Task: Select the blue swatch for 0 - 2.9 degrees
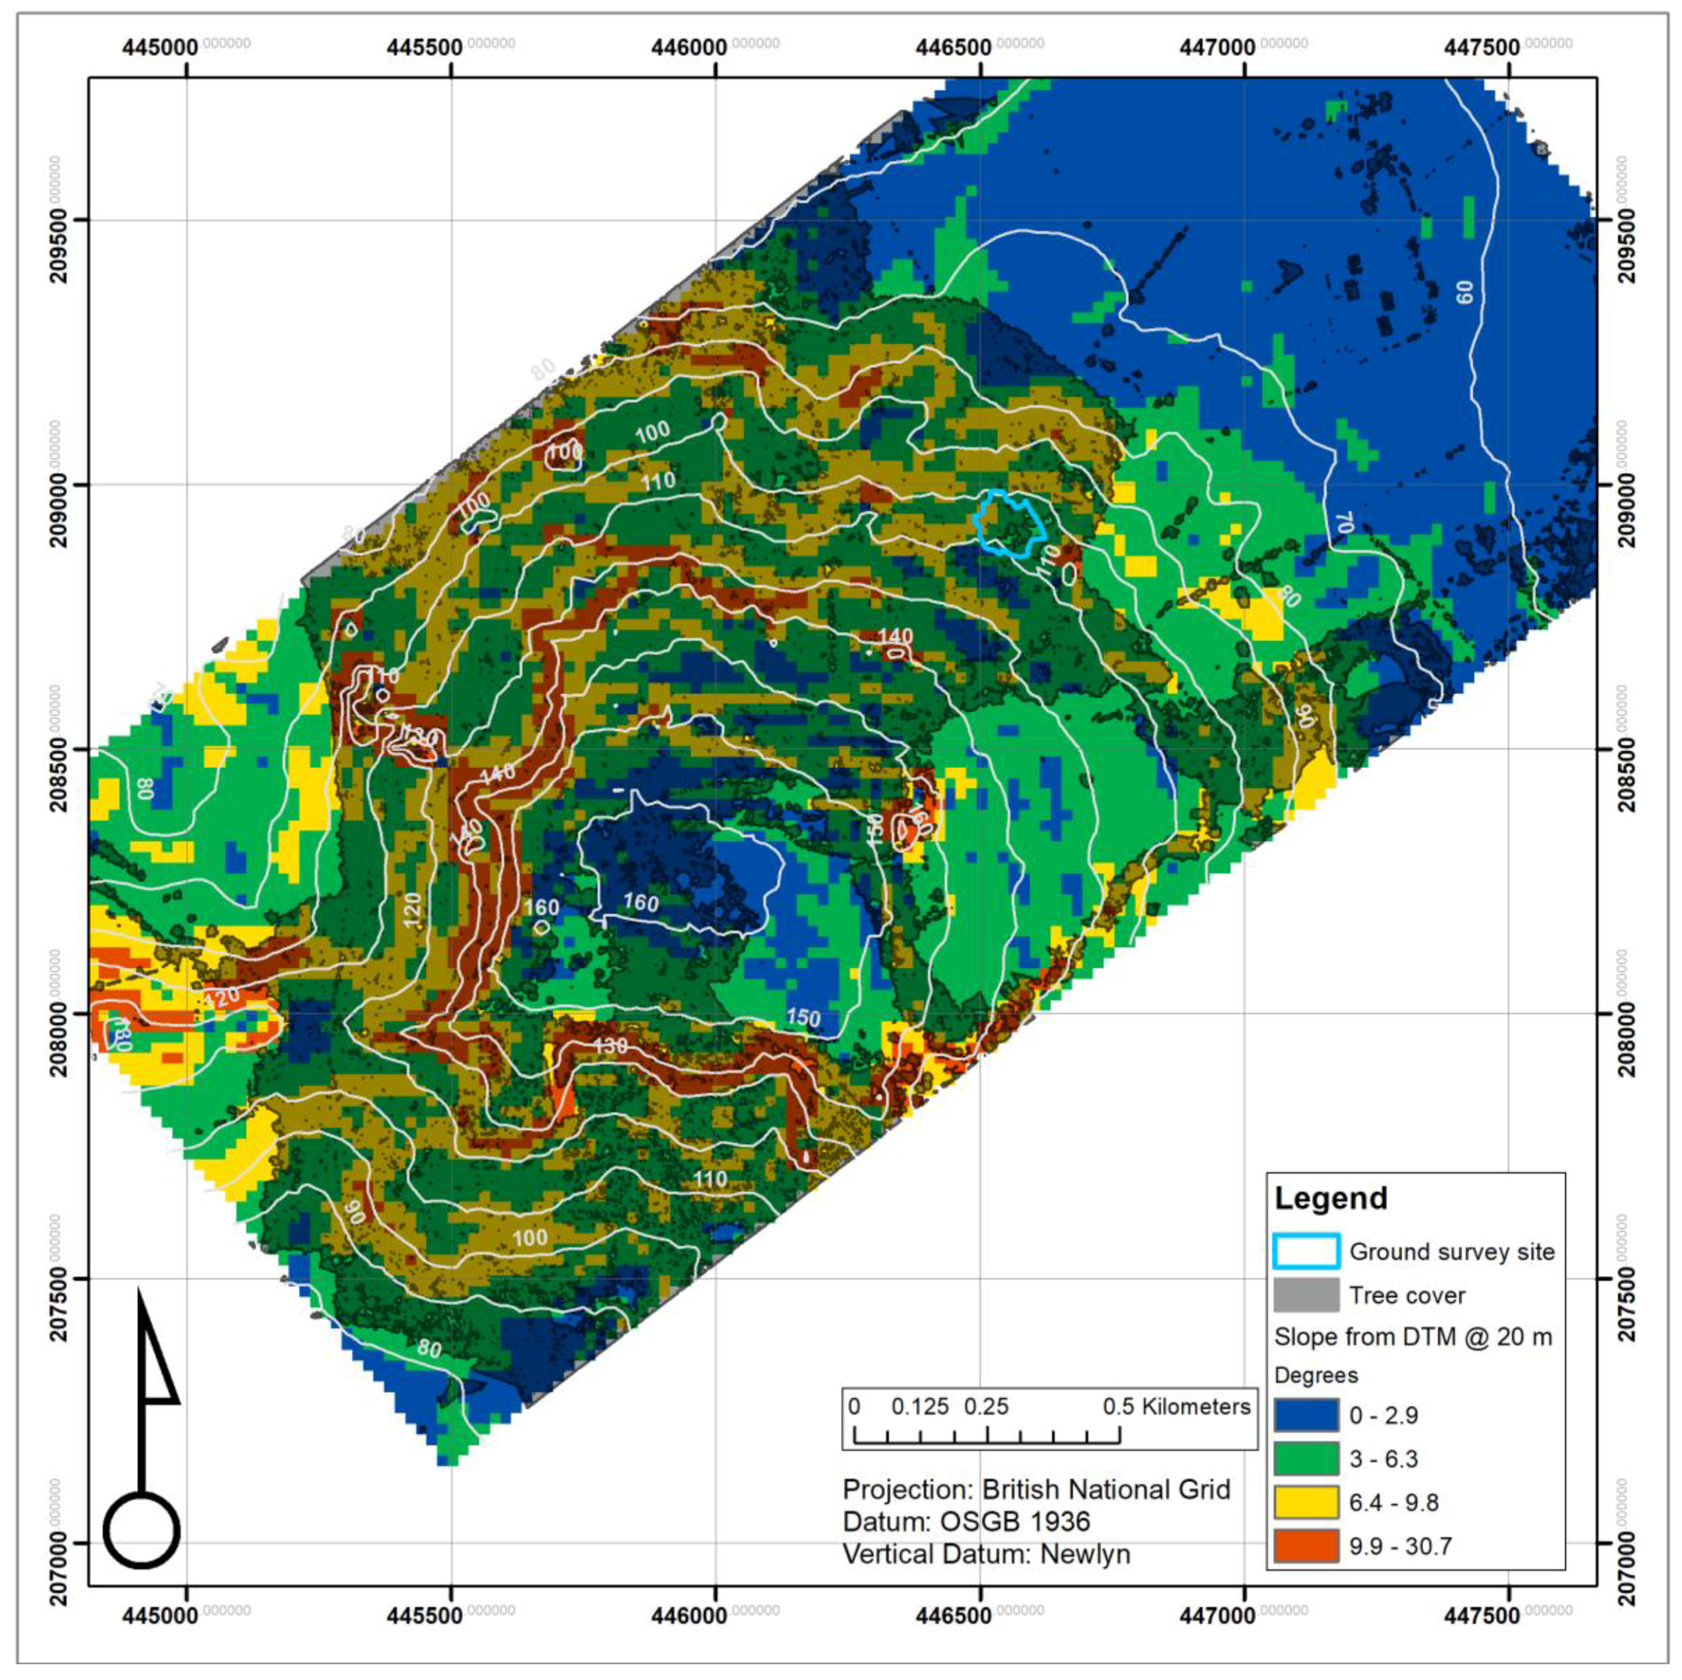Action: (1305, 1415)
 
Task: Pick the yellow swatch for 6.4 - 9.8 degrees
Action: (1305, 1502)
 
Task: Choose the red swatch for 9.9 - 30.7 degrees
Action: (1305, 1546)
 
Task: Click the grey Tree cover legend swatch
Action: (1305, 1295)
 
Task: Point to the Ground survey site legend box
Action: (1305, 1252)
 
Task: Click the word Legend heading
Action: (1330, 1198)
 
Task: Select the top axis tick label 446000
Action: (689, 46)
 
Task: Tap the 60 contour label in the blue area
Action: (1465, 292)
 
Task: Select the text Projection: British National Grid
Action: (1036, 1490)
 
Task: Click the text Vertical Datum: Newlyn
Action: (985, 1554)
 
